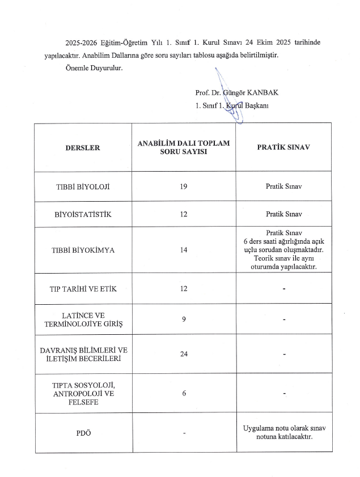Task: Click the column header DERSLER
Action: tap(83, 148)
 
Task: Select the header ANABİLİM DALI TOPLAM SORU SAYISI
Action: tap(184, 148)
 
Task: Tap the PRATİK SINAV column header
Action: tap(283, 148)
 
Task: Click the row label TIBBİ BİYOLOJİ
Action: tap(83, 186)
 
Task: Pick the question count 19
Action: tap(184, 186)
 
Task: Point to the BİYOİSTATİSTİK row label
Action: tap(83, 215)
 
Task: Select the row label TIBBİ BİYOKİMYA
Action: tap(83, 250)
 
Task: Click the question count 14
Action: tap(184, 250)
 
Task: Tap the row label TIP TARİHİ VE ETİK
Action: tap(83, 289)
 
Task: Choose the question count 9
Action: tap(184, 319)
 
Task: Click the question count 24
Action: tap(184, 354)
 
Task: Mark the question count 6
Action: tap(184, 394)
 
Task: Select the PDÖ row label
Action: tap(83, 434)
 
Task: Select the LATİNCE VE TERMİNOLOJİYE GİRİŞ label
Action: tap(83, 320)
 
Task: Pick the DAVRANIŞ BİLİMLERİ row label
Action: tap(83, 354)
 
